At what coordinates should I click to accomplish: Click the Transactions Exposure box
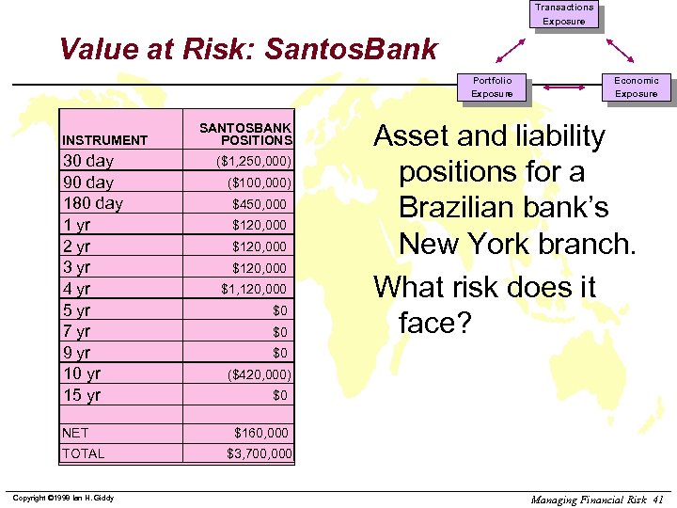(564, 14)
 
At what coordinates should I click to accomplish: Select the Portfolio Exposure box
(492, 87)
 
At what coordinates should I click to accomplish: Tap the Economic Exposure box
(636, 87)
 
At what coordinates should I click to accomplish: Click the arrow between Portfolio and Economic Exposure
(564, 87)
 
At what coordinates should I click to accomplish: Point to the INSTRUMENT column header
(104, 140)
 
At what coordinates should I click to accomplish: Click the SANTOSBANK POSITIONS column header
(245, 134)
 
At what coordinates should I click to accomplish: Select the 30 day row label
(87, 161)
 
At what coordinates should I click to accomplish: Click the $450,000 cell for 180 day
(260, 203)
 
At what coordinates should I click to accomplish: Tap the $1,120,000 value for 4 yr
(254, 289)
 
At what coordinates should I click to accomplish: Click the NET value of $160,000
(261, 433)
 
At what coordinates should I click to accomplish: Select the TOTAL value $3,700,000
(260, 454)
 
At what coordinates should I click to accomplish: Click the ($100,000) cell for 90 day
(258, 183)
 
